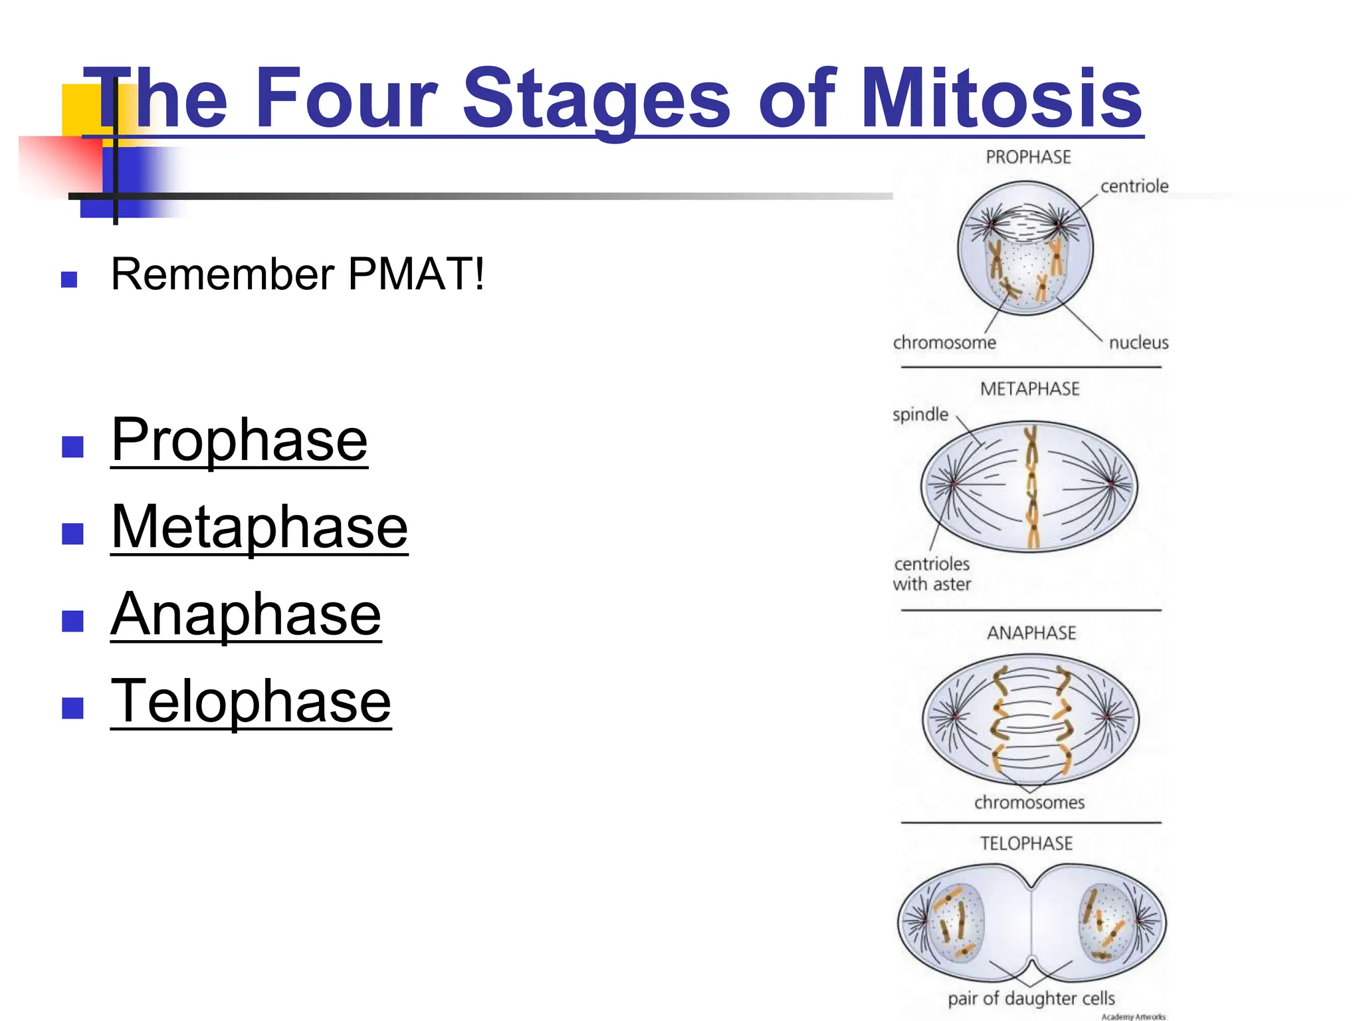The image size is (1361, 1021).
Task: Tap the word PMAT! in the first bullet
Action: (x=416, y=274)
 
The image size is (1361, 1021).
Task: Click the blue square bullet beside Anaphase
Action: (x=72, y=621)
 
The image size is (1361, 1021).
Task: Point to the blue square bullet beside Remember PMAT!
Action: (x=69, y=279)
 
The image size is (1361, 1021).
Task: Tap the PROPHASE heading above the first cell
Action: (x=1028, y=158)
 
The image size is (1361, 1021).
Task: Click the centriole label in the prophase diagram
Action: (x=1134, y=187)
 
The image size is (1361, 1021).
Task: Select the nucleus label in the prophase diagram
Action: (x=1138, y=343)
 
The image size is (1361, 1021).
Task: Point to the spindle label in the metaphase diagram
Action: (x=920, y=415)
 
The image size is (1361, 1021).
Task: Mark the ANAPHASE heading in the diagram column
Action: (x=1031, y=633)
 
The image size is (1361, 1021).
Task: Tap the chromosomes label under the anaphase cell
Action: (x=1029, y=803)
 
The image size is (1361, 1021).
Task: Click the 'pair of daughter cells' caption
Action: (x=1031, y=998)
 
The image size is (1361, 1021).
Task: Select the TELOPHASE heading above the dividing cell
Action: (x=1027, y=844)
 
